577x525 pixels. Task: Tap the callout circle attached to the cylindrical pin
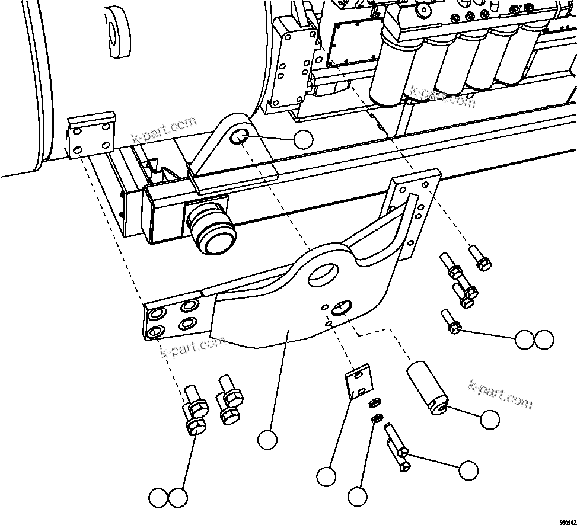pos(490,420)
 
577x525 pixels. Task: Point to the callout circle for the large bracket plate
pos(267,440)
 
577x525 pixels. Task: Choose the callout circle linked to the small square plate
pos(326,476)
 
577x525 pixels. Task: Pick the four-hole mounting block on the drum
pos(90,136)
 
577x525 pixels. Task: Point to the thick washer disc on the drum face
pos(117,33)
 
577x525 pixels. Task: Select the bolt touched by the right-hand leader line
pos(452,324)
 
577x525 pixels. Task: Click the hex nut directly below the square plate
pos(374,404)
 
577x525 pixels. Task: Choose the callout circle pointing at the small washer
pos(358,497)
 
